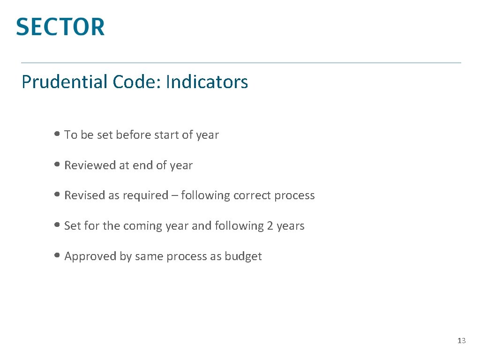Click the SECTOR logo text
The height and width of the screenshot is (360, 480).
pos(60,27)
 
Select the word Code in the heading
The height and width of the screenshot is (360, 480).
pos(136,82)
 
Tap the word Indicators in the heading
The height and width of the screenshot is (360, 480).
pos(207,82)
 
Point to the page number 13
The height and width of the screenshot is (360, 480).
pos(462,341)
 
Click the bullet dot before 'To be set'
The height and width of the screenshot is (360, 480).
pos(57,135)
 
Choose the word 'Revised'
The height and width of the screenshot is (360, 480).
pos(84,195)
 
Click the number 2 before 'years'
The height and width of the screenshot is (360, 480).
pos(270,226)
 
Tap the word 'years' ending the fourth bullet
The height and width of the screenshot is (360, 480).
pos(291,226)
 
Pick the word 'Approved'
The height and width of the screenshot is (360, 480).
pos(87,256)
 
